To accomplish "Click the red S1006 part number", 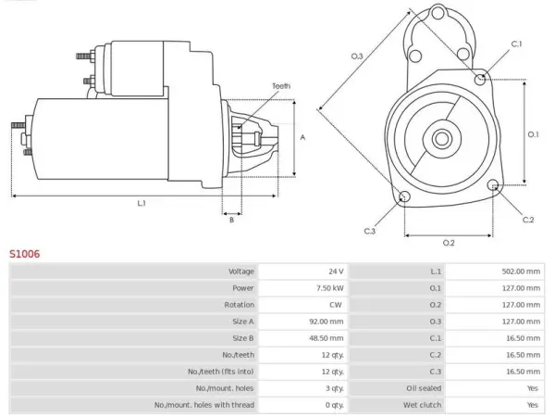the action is point(24,254).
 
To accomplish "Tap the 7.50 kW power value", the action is point(330,288).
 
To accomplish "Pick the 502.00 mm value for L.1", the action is point(521,272).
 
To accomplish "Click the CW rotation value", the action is point(336,305).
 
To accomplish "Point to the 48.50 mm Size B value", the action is point(327,338).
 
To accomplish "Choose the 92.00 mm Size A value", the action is point(327,322).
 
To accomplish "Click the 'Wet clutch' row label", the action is point(422,405).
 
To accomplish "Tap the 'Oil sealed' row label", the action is point(424,388).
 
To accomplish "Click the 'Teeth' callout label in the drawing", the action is point(281,86).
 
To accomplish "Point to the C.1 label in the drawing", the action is point(516,44).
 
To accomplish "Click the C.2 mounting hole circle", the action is point(493,185).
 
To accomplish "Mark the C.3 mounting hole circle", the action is point(404,196).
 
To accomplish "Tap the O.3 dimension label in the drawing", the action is point(357,56).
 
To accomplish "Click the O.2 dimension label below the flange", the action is point(449,243).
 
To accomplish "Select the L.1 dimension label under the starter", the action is point(142,203).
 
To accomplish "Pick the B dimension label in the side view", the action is point(231,220).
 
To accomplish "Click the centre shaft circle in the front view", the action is point(441,139).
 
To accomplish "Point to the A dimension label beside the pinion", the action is point(302,137).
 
